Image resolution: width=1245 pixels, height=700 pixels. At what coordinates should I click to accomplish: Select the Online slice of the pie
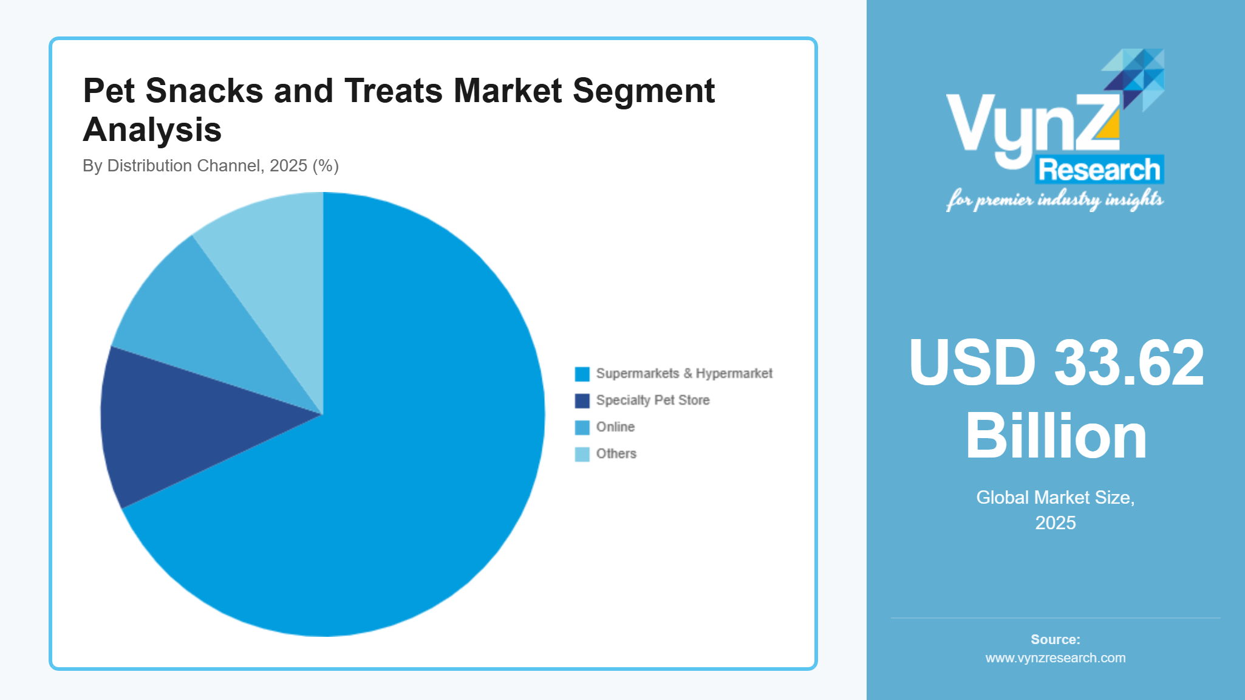point(200,328)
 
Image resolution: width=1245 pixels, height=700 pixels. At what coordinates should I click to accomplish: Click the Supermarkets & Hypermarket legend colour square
point(582,374)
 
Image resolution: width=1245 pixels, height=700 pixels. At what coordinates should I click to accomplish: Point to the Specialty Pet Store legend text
point(653,400)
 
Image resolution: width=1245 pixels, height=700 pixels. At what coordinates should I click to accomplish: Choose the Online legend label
point(615,427)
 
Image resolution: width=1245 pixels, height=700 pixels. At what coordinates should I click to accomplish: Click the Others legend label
point(616,454)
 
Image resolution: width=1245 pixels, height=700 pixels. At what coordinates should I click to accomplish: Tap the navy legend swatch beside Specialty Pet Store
point(582,400)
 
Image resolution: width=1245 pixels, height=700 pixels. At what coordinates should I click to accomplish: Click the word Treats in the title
point(394,91)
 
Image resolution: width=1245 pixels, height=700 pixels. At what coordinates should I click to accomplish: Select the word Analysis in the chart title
point(152,130)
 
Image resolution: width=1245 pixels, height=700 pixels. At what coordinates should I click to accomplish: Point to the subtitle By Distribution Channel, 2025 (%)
point(210,166)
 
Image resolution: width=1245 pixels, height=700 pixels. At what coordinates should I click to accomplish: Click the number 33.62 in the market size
point(1128,363)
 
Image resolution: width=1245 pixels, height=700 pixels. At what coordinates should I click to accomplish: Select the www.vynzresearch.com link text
point(1056,658)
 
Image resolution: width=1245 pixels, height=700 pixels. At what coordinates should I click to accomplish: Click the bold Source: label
point(1056,640)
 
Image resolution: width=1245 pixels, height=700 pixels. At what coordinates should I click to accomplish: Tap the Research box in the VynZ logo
point(1099,170)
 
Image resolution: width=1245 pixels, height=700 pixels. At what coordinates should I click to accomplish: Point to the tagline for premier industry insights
point(1056,200)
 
